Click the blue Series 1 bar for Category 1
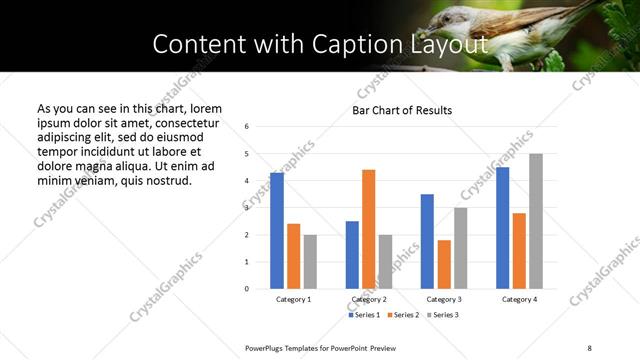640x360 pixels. coord(277,231)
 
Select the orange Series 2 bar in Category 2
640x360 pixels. coord(369,229)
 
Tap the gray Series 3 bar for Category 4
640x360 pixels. coord(536,221)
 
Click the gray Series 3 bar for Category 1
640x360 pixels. coord(310,262)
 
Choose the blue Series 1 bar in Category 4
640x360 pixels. coord(503,228)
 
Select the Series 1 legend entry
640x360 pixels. coord(364,316)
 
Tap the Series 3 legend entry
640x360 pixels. coord(444,316)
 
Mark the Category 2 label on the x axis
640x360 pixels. coord(369,299)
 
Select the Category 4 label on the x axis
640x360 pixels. coord(519,299)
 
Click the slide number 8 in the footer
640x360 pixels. coord(589,346)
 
